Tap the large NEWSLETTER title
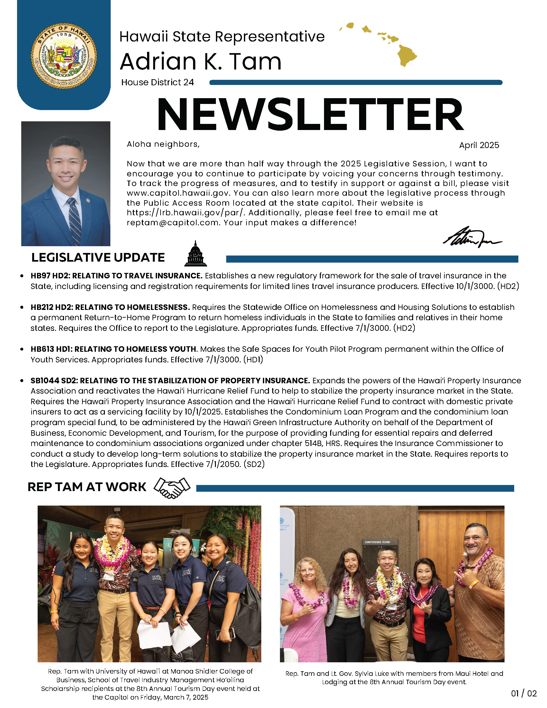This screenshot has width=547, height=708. pos(310,115)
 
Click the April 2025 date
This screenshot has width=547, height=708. pos(479,145)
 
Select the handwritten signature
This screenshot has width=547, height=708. pos(472,238)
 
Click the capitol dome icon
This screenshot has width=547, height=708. pos(195,254)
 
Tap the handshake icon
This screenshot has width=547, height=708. pos(172,487)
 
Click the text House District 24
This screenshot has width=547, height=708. pos(157,82)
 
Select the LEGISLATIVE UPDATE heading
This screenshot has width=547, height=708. pos(98,257)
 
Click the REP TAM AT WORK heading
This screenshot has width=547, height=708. pos(87,487)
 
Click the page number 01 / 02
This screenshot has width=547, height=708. pos(524,694)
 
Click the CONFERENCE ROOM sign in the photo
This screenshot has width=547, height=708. pos(377,542)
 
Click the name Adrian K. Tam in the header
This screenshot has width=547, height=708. pos(200,61)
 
